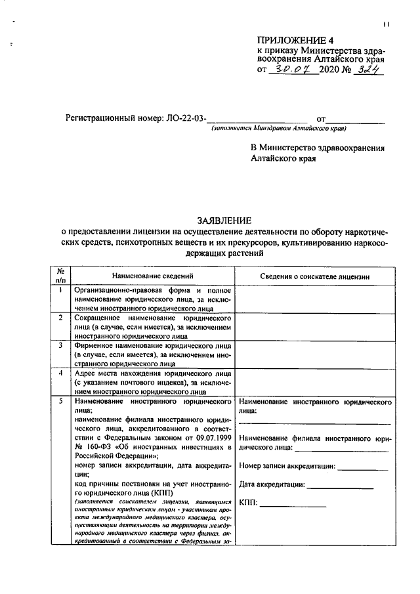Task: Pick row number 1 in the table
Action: pos(60,289)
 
